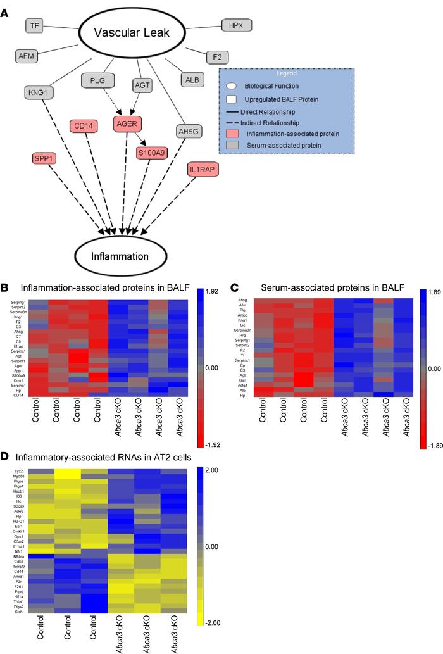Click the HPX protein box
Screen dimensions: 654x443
236,26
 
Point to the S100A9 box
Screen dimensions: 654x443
152,152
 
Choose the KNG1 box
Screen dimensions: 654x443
40,92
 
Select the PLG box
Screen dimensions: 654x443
97,80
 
